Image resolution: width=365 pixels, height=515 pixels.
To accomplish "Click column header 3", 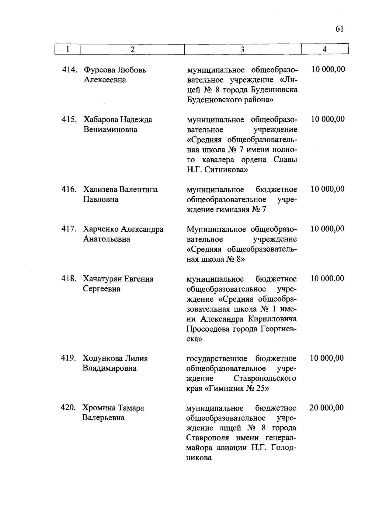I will point(242,49).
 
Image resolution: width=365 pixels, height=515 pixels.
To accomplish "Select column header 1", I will point(68,49).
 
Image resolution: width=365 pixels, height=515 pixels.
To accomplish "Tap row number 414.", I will point(69,70).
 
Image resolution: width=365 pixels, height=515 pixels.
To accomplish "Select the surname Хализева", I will point(100,189).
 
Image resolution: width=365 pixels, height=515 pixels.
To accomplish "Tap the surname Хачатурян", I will point(102,279).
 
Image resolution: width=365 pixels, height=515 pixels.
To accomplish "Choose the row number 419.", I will point(68,358).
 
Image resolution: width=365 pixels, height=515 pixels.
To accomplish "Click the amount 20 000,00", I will point(327,407).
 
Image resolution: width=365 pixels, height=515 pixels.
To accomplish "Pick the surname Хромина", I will point(99,408).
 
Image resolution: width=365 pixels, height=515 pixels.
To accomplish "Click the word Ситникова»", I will point(226,170).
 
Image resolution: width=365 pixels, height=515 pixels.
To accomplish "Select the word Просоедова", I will point(208,329).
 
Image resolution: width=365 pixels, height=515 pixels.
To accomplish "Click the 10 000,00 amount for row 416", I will point(328,189).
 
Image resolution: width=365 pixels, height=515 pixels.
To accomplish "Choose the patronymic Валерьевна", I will point(103,418).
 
